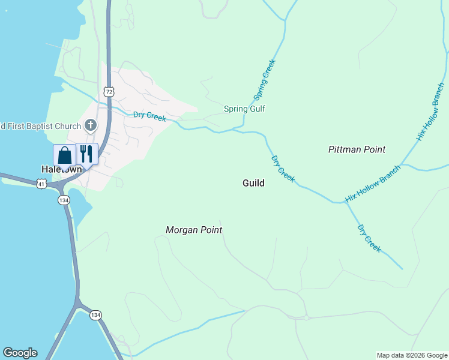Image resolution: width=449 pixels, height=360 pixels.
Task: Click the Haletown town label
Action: coord(61,169)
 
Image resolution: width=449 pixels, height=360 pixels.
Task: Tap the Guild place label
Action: coord(253,183)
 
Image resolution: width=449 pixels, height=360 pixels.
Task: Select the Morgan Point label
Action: coord(194,230)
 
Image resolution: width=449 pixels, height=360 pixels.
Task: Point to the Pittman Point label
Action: coord(357,149)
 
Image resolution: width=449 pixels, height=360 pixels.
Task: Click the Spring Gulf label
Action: coord(244,109)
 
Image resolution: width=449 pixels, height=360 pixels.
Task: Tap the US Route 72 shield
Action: coord(108,91)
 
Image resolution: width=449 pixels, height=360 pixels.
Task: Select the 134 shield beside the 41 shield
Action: coord(64,200)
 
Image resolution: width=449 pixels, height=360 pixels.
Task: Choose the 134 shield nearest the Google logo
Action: coord(95,315)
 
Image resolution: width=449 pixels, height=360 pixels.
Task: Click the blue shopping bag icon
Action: coord(64,155)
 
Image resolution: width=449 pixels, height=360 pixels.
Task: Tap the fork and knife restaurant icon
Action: coord(86,154)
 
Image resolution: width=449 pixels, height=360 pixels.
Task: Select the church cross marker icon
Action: coord(90,125)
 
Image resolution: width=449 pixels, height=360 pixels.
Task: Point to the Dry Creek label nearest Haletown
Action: coord(149,116)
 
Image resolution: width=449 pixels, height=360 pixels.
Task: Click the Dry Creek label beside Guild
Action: coord(283,169)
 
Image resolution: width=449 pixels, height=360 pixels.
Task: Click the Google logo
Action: coord(20,353)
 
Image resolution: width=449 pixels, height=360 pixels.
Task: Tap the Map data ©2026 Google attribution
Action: coord(412,355)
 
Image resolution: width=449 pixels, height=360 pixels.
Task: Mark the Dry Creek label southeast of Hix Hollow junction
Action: coord(369,238)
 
